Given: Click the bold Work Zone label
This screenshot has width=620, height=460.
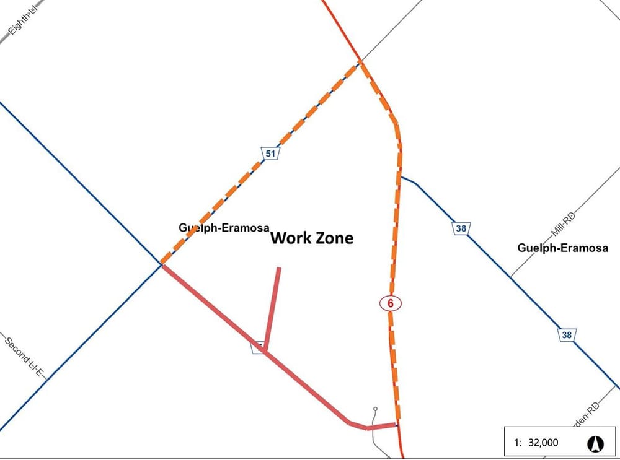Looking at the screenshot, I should pos(312,238).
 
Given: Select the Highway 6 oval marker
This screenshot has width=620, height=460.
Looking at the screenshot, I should pos(390,303).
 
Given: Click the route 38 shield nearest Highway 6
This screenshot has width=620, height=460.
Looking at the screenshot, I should pos(461,228).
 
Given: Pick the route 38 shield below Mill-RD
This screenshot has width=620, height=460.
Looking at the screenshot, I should pos(567,335).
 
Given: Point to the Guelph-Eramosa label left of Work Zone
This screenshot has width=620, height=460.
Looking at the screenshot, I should pos(224,227).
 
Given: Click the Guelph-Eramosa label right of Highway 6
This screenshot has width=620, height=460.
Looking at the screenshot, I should pos(562,248).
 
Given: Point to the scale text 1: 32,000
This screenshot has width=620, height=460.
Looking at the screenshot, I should pos(536,443).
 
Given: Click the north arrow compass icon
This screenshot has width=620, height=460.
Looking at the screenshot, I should pos(595,443).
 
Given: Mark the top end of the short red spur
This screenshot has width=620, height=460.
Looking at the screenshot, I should pos(279,269).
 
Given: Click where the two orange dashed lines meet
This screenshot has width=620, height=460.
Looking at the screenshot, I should pos(360,61).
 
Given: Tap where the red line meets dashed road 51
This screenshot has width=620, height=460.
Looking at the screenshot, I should pos(162,264).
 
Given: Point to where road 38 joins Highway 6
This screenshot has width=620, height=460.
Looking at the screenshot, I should pos(402,178).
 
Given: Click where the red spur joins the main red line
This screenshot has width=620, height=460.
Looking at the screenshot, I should pos(265,352).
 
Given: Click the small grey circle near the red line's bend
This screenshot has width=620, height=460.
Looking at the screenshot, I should pos(375,409).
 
